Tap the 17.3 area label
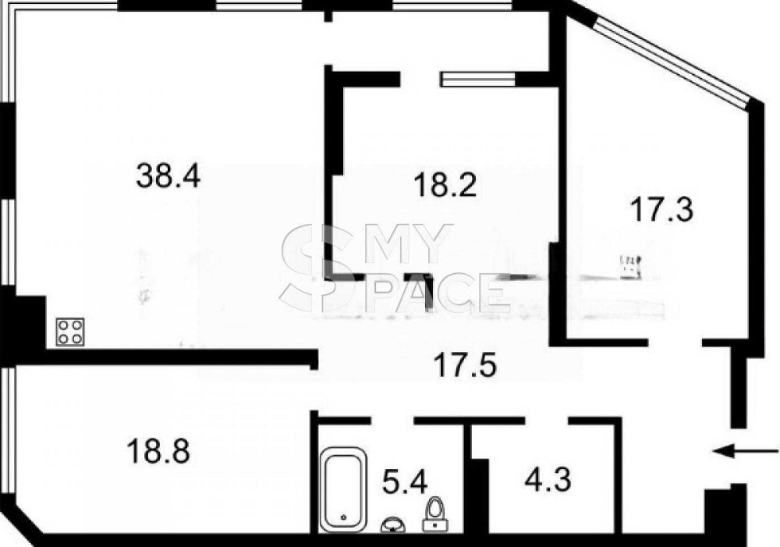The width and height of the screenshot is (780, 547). (x=661, y=209)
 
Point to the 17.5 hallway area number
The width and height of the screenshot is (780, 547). (x=465, y=364)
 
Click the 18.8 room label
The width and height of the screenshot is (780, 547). (x=158, y=450)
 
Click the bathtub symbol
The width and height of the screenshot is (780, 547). (x=344, y=488)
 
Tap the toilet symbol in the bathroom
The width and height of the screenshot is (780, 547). (x=435, y=513)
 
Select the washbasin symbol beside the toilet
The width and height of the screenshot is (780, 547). (x=392, y=525)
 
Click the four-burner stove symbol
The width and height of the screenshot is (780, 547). (x=70, y=332)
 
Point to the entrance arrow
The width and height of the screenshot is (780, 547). (x=746, y=451)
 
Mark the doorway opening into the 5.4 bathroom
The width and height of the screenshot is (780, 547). (x=392, y=421)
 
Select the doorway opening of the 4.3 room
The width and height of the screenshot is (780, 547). (x=547, y=421)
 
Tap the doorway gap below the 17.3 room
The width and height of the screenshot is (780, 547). (x=675, y=343)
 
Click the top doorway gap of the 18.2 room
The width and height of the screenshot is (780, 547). (x=420, y=79)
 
